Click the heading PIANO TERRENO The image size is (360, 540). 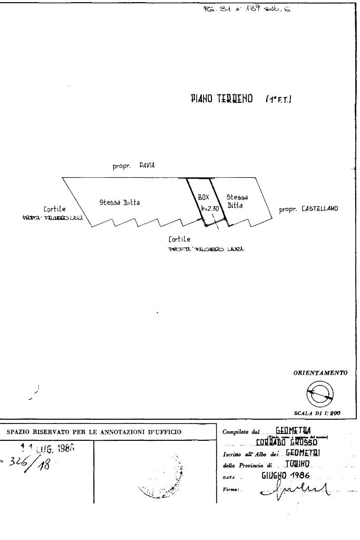pyautogui.click(x=221, y=99)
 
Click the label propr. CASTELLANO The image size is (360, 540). pyautogui.click(x=308, y=209)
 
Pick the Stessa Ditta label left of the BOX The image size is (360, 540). pyautogui.click(x=120, y=202)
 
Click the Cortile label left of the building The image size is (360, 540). pyautogui.click(x=55, y=209)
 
